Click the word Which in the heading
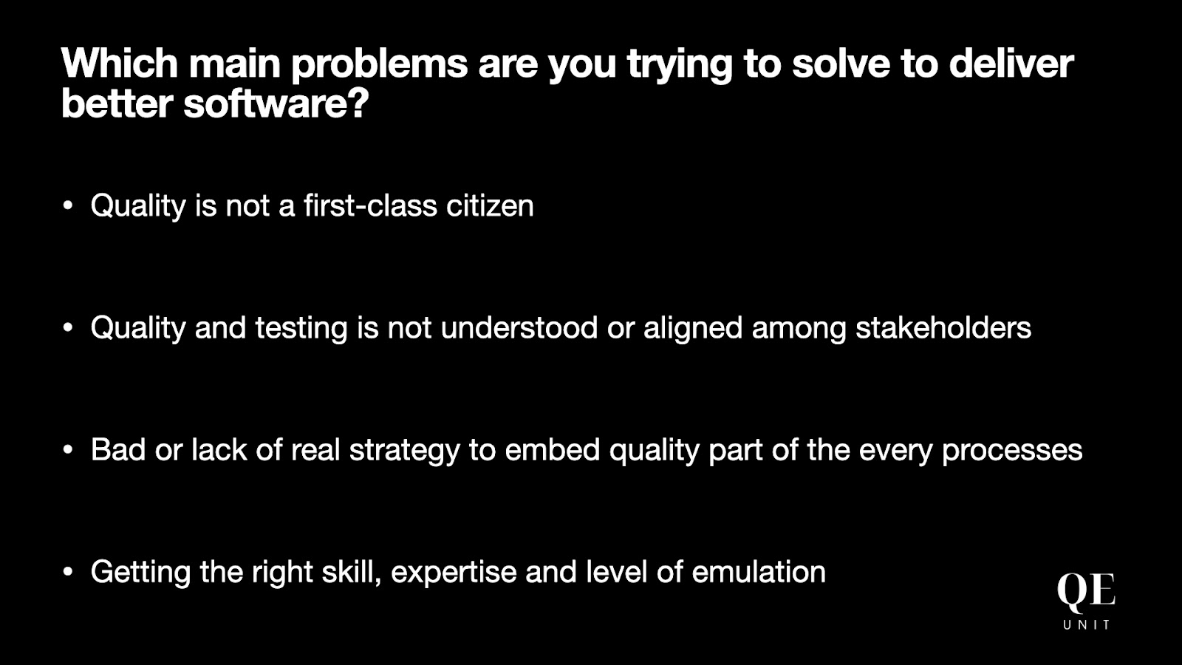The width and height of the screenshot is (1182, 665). (120, 64)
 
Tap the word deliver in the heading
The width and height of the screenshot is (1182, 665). (1011, 64)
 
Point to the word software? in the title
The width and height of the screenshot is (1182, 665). (276, 103)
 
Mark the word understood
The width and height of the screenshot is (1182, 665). (519, 327)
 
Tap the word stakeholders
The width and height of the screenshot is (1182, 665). (943, 327)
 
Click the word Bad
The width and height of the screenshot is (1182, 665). (118, 450)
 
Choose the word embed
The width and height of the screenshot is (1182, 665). (553, 450)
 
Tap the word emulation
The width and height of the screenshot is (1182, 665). (759, 572)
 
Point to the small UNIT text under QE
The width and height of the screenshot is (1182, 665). (1087, 625)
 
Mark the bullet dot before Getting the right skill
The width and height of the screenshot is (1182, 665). (67, 572)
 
